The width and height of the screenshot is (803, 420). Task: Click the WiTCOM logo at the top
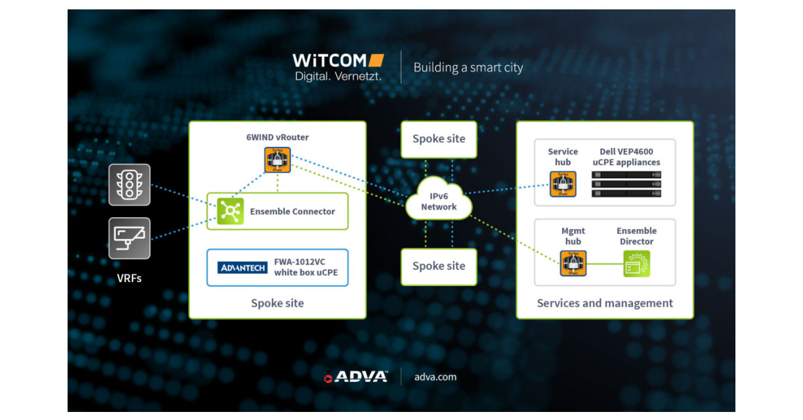[x=338, y=67]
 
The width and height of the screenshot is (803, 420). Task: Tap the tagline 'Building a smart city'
[x=468, y=68]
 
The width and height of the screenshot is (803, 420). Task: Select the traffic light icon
[x=129, y=184]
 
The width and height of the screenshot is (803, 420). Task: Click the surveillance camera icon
[x=129, y=238]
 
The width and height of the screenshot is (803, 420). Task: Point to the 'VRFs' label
[x=129, y=277]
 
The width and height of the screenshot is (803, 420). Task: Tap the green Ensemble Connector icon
[x=230, y=212]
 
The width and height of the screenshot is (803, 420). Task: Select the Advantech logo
[x=242, y=268]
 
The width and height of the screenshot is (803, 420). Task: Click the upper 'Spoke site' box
[x=438, y=139]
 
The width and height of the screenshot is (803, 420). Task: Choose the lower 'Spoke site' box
[x=438, y=266]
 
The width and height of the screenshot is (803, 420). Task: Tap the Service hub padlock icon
[x=563, y=184]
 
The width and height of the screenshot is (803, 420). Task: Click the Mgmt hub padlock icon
[x=573, y=263]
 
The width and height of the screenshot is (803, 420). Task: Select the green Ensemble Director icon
[x=636, y=263]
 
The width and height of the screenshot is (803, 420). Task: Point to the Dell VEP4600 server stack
[x=626, y=184]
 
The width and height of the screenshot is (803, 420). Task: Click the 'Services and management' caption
[x=605, y=303]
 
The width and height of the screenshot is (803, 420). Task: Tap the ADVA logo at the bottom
[x=355, y=377]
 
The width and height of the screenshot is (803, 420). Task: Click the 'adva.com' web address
[x=435, y=377]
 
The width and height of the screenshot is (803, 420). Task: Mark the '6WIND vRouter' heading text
[x=277, y=137]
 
